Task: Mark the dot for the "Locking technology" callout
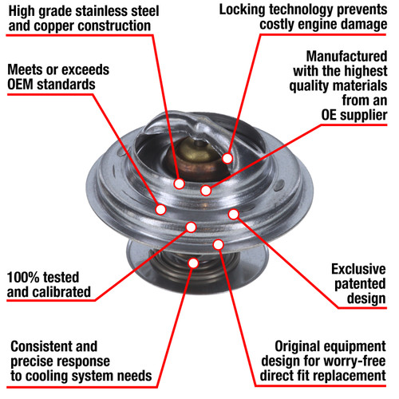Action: point(227,158)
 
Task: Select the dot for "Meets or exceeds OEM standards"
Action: point(161,210)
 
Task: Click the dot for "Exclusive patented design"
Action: point(233,213)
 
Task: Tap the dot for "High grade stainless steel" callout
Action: point(179,184)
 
